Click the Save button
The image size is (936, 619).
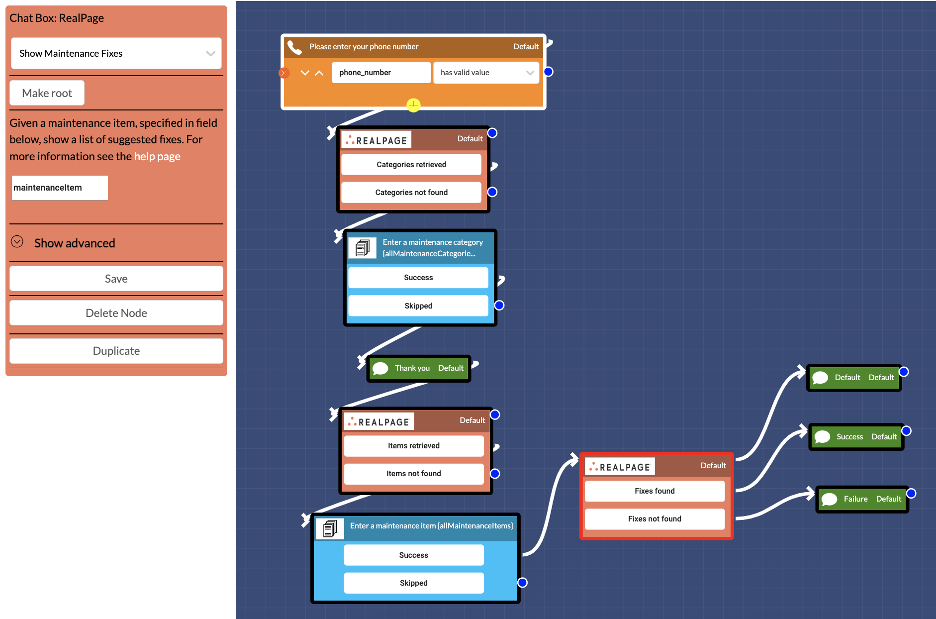[x=116, y=279]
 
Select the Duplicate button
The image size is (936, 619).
[x=116, y=351]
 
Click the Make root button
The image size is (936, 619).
[x=47, y=93]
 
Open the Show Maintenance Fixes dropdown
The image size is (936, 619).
[x=116, y=53]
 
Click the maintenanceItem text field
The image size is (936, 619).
[x=60, y=188]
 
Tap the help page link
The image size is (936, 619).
[x=157, y=156]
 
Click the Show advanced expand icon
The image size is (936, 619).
[x=17, y=242]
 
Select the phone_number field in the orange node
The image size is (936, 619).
[x=381, y=73]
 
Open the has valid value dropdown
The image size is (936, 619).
[x=486, y=73]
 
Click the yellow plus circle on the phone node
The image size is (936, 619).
[x=413, y=105]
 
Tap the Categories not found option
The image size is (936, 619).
[x=411, y=193]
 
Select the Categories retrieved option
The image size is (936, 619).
[x=411, y=165]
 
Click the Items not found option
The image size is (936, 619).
[x=413, y=474]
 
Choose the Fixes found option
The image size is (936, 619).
[x=655, y=491]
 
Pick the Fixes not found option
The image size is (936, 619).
[x=655, y=519]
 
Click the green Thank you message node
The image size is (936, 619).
[x=419, y=368]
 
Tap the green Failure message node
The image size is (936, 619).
[x=862, y=499]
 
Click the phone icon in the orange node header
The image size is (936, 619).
[x=295, y=47]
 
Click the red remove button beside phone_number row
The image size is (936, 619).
[x=284, y=73]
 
